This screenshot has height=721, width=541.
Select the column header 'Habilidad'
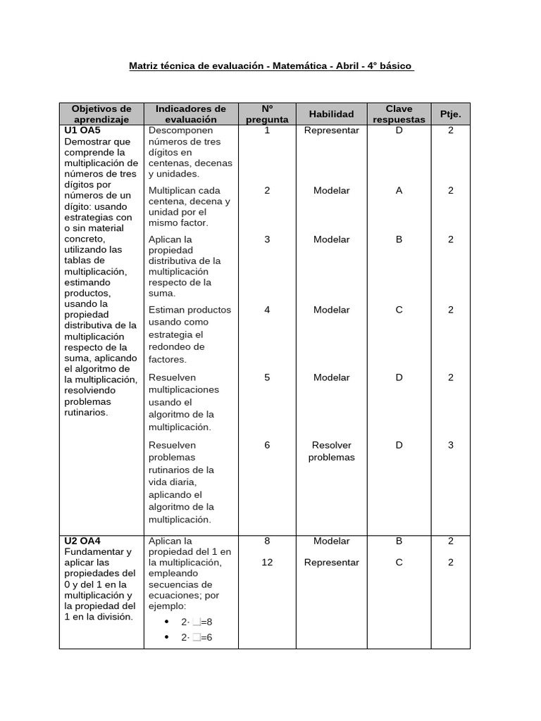coord(331,114)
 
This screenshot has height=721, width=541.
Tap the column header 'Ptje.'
coord(450,114)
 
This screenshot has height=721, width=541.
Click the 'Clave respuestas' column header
coord(399,114)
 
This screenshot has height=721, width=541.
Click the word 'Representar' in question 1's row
coord(331,130)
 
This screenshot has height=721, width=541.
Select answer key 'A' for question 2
coord(399,190)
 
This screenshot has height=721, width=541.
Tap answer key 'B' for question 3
coord(399,239)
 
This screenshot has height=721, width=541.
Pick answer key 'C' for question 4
coord(399,310)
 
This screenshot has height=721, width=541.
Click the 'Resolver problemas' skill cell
coord(331,451)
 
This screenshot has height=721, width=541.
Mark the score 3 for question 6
coord(450,445)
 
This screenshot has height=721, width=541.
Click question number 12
coord(267,563)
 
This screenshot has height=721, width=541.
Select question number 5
coord(267,377)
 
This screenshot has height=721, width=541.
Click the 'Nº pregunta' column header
coord(267,114)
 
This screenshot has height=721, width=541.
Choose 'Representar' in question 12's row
coord(331,563)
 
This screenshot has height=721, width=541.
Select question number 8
coord(267,541)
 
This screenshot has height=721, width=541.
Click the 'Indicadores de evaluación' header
coord(190,114)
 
